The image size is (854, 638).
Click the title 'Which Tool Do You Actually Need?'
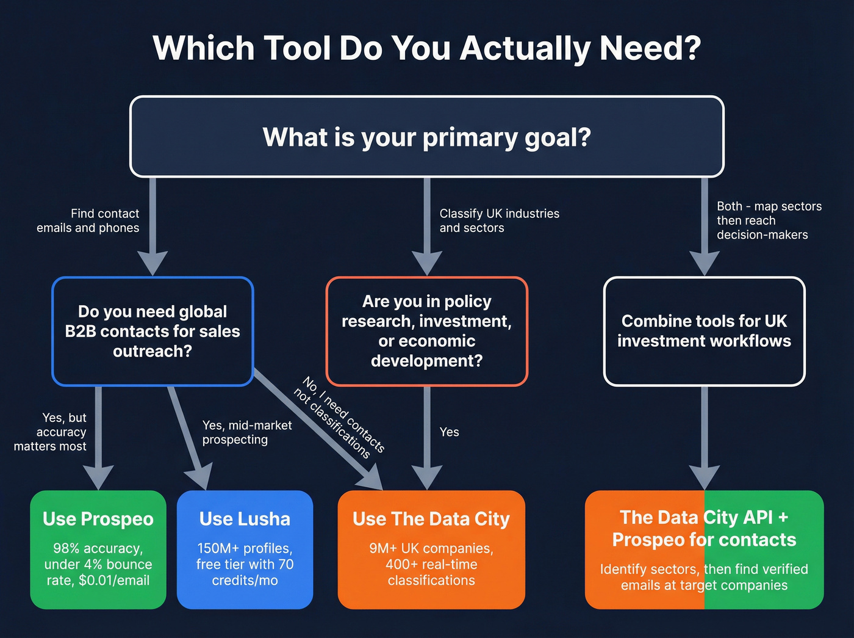tap(427, 48)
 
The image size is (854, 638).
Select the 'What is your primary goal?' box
tap(427, 137)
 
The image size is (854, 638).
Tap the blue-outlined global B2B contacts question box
tap(152, 331)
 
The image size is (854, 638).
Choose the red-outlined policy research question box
tap(427, 331)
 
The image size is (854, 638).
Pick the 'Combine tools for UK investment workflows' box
tap(704, 331)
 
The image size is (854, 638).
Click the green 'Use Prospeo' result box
tap(98, 549)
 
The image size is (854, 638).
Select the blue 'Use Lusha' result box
tap(245, 549)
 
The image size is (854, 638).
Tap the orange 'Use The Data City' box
tap(431, 549)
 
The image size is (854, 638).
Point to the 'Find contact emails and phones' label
tap(88, 220)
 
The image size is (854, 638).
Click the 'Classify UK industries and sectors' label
tap(499, 220)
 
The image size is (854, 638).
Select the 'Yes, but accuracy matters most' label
tap(51, 432)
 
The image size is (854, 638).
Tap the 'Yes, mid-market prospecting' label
tap(246, 432)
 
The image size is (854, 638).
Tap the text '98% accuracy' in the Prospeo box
tap(98, 548)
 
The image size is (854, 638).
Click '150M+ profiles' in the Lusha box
tap(245, 548)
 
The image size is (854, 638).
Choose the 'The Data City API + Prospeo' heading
tap(704, 528)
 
